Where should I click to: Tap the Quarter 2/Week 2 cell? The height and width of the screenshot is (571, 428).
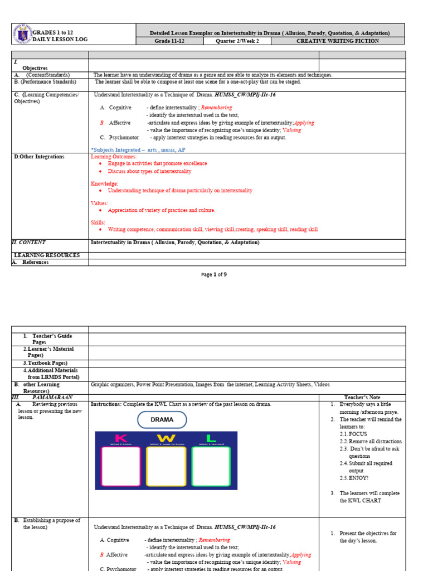(x=236, y=41)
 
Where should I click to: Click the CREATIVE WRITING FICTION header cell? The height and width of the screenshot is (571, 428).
(x=337, y=41)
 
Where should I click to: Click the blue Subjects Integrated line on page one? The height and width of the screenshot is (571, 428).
(x=138, y=150)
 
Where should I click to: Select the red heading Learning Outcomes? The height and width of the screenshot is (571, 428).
(x=113, y=157)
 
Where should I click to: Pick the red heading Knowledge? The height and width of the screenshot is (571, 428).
(x=104, y=183)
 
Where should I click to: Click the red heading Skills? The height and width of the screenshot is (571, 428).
(x=98, y=222)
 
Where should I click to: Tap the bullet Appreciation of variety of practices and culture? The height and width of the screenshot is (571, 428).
(x=162, y=210)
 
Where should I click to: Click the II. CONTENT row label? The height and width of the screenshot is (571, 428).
(x=28, y=243)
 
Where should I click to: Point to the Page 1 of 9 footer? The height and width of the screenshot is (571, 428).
(x=214, y=274)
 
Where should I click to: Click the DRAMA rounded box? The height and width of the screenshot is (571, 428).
(x=162, y=419)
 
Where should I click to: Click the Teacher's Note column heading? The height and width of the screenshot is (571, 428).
(x=362, y=397)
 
